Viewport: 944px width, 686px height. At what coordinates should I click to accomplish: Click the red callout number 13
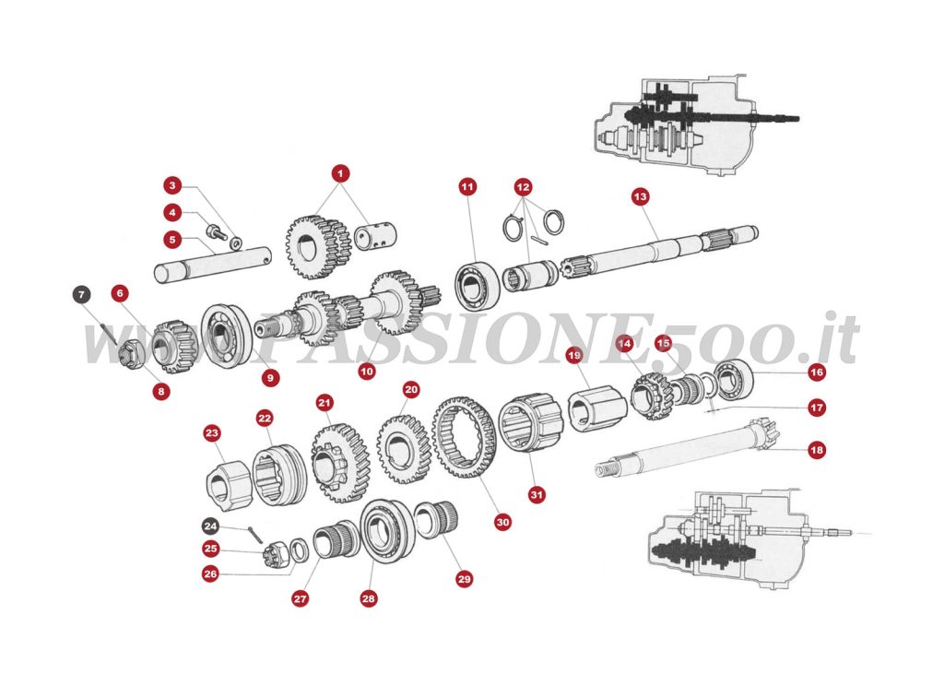[x=641, y=196]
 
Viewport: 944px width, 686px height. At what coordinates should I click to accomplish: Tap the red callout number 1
[x=340, y=172]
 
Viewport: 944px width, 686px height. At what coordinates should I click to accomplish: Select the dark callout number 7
[x=81, y=295]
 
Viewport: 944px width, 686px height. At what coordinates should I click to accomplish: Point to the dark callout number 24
[x=211, y=526]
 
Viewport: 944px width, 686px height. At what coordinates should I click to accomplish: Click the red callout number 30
[x=502, y=522]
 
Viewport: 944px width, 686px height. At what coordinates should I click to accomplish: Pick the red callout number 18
[x=816, y=451]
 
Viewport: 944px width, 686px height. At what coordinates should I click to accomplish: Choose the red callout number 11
[x=467, y=187]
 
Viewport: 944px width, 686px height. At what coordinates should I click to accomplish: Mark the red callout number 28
[x=369, y=598]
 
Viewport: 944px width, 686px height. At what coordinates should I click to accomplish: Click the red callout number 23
[x=212, y=433]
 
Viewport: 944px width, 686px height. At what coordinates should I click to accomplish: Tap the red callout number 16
[x=816, y=373]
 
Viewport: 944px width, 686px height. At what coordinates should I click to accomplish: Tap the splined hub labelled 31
[x=529, y=423]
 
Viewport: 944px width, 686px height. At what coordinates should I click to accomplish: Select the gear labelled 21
[x=339, y=460]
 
